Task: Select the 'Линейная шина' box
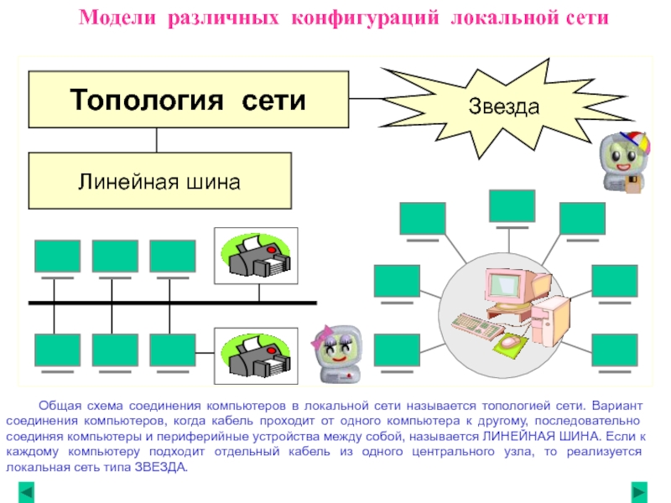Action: click(x=159, y=180)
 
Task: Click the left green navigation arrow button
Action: click(x=28, y=490)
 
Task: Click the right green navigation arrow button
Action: click(x=640, y=490)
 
